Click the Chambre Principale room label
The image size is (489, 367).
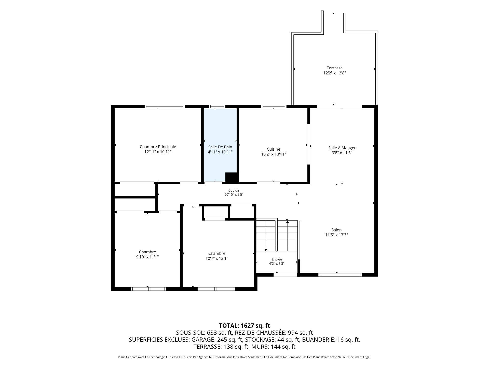click(158, 147)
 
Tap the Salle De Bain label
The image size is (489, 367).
click(220, 147)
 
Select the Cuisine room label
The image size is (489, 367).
click(274, 149)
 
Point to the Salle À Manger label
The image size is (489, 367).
click(342, 148)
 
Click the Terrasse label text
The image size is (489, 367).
click(335, 68)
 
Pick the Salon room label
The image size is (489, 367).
click(336, 230)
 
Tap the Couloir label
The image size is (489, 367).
click(234, 190)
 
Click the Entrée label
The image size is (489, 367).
click(277, 259)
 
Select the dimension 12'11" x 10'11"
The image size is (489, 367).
click(158, 152)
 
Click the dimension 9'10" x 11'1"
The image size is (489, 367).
click(147, 257)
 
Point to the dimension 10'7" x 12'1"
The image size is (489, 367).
click(217, 258)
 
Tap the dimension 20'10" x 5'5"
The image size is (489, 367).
click(234, 195)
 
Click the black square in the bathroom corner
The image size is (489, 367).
click(231, 177)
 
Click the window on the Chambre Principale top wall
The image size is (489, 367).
click(165, 107)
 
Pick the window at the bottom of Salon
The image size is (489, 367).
click(340, 275)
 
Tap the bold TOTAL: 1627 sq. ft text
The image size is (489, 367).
click(244, 326)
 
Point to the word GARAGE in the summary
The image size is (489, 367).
click(203, 340)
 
